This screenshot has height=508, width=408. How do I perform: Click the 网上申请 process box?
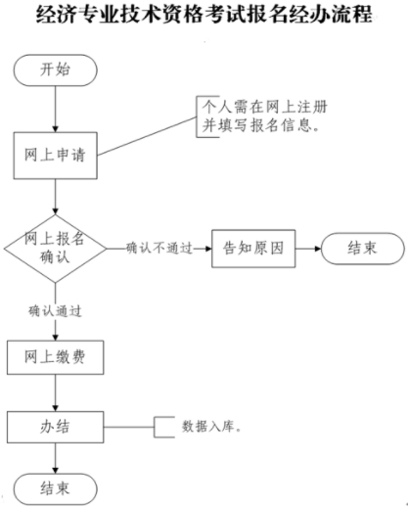pyautogui.click(x=56, y=153)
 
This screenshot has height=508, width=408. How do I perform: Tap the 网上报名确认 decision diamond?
pyautogui.click(x=56, y=248)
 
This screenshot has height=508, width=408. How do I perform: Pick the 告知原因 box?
pyautogui.click(x=253, y=248)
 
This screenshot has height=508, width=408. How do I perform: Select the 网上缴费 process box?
pyautogui.click(x=56, y=356)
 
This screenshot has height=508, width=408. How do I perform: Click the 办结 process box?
pyautogui.click(x=56, y=427)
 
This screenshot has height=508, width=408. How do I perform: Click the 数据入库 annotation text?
pyautogui.click(x=210, y=428)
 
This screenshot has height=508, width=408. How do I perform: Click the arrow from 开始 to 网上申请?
pyautogui.click(x=56, y=111)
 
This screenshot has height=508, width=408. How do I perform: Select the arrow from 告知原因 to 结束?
pyautogui.click(x=308, y=248)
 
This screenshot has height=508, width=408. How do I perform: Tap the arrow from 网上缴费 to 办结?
pyautogui.click(x=56, y=392)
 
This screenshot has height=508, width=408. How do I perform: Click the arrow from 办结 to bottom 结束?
pyautogui.click(x=56, y=457)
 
